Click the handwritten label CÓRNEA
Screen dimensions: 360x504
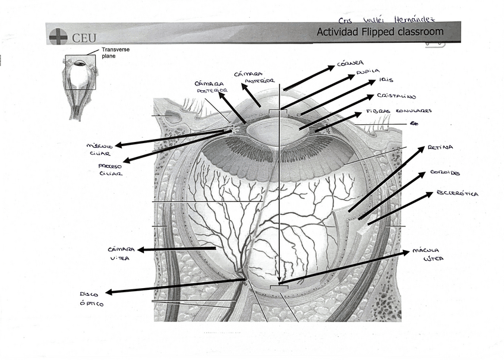[350, 62]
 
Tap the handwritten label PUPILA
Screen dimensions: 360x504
[368, 71]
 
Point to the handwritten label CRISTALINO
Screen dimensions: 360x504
[396, 96]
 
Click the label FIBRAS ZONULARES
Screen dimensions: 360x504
[398, 110]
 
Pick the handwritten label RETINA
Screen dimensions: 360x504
[440, 147]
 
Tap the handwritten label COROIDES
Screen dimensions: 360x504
[445, 173]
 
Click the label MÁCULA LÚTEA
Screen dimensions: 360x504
[426, 254]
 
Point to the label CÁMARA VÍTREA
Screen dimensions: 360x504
[121, 254]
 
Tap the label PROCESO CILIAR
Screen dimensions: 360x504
[111, 170]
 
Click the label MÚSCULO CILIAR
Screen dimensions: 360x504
[99, 149]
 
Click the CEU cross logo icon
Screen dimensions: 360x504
[58, 36]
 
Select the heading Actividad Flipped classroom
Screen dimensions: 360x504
[380, 31]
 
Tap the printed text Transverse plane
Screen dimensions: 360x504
[115, 53]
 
